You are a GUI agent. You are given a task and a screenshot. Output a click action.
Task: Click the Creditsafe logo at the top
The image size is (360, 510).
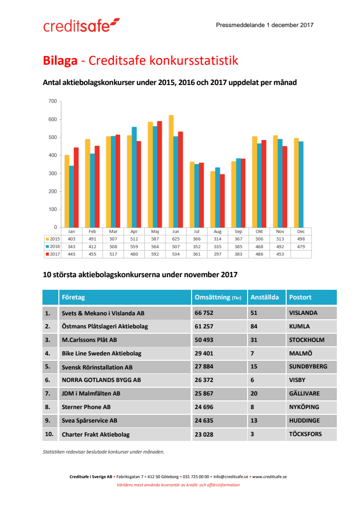click(81, 25)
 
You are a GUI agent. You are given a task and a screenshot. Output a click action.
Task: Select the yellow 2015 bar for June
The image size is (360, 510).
click(171, 171)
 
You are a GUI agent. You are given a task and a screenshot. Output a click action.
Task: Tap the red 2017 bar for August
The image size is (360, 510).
click(222, 200)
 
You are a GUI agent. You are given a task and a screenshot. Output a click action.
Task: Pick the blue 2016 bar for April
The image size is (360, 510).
click(134, 177)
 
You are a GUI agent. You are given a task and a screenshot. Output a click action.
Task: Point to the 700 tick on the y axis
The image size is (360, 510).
click(53, 101)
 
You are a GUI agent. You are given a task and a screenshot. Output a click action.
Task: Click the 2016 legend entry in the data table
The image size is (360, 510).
click(53, 246)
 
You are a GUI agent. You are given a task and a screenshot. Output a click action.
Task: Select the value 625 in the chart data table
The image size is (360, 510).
click(176, 239)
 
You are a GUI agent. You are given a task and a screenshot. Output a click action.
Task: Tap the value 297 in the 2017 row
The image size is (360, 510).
click(217, 254)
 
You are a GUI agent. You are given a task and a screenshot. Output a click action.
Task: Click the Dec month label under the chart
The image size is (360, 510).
click(301, 231)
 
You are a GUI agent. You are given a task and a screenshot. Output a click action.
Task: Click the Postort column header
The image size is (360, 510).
click(300, 297)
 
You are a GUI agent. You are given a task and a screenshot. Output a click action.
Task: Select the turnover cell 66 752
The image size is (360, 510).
click(204, 313)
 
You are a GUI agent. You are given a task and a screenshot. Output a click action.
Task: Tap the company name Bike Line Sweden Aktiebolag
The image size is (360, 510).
click(101, 354)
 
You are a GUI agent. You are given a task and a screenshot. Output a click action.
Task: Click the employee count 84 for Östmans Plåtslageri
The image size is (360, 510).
click(254, 326)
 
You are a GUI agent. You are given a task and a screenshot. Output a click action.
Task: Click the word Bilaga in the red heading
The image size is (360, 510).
click(60, 61)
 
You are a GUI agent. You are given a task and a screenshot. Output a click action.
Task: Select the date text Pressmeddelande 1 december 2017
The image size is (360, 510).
click(265, 25)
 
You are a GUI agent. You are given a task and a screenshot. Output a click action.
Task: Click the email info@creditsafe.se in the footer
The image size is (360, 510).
click(230, 477)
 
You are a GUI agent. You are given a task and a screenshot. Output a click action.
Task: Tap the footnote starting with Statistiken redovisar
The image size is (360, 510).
click(103, 452)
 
